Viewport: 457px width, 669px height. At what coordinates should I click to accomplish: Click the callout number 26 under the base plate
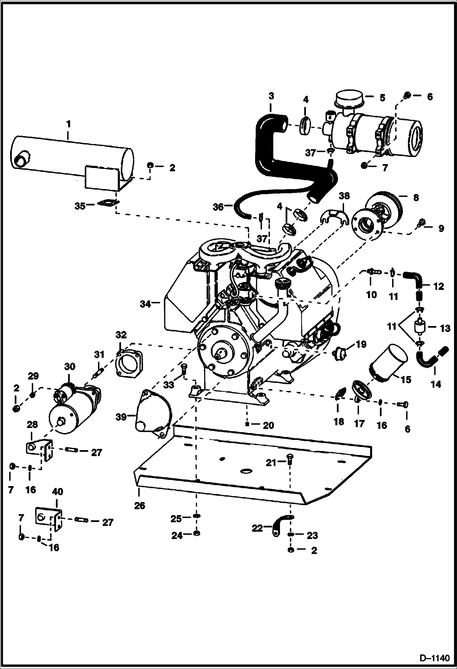tap(140, 506)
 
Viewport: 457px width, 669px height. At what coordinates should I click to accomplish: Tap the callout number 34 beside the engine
tap(145, 304)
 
